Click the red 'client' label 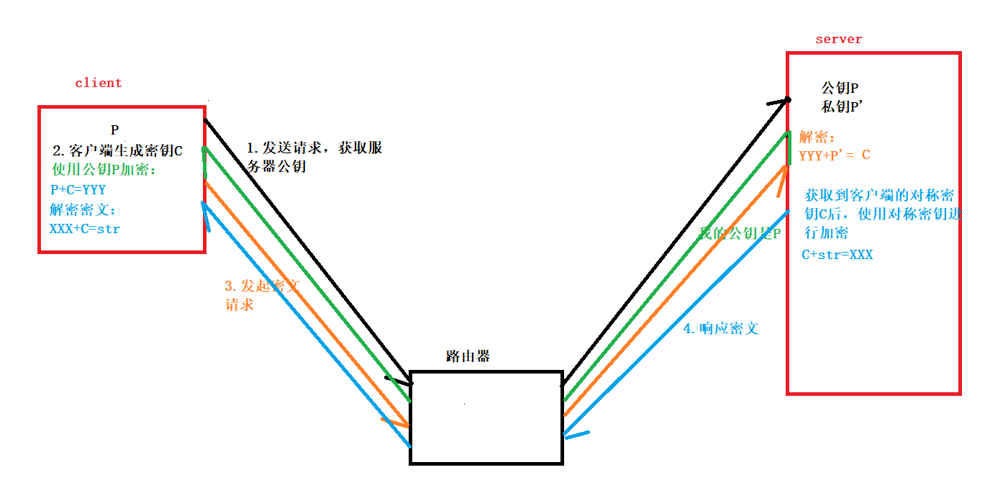pos(99,83)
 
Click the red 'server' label pos(838,40)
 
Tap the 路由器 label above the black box pos(468,356)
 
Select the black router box pos(486,417)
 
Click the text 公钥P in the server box pos(840,89)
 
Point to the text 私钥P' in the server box pos(842,107)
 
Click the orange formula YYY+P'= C pos(835,155)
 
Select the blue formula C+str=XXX pos(837,255)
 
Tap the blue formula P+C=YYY pos(78,190)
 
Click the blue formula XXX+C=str pos(84,229)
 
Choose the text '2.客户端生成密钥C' pos(117,151)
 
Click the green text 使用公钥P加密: pos(104,171)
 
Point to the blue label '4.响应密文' pos(720,329)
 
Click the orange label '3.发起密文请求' pos(261,294)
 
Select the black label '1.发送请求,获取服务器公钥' pos(314,158)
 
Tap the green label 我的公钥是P pos(739,234)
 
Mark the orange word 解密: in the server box pos(817,137)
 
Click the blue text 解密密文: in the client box pos(82,210)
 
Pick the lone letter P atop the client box pos(114,130)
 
